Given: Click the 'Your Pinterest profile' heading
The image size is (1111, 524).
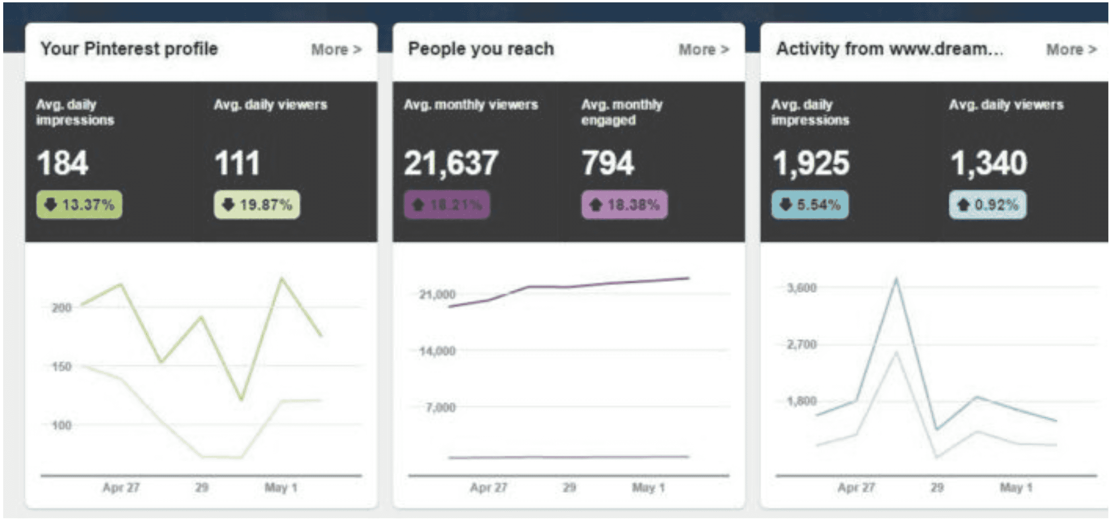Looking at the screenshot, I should tap(129, 49).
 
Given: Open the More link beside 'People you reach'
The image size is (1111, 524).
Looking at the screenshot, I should tap(704, 50).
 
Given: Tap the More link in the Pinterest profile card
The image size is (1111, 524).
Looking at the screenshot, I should tap(336, 50).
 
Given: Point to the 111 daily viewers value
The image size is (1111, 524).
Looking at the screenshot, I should tap(237, 163).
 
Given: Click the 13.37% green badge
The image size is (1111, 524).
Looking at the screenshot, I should tap(79, 204).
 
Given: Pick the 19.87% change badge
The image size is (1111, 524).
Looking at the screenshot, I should tap(257, 204).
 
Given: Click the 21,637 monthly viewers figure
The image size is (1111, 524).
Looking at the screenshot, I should tap(451, 163).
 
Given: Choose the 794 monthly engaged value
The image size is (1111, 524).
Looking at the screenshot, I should tap(608, 163).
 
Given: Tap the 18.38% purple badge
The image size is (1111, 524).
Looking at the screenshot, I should tap(625, 204).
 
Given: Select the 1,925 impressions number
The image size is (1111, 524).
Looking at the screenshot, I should tap(811, 163).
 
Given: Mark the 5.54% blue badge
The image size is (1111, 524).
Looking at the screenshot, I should tap(810, 204).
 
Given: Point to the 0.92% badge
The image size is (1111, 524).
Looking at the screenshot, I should tap(988, 204).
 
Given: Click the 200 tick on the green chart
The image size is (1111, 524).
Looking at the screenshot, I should tap(61, 308).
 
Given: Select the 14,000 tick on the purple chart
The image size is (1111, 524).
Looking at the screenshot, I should tap(437, 351).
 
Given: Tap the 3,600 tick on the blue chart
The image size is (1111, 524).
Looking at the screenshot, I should tap(802, 288).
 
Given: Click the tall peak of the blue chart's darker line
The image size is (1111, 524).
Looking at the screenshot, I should tap(896, 280).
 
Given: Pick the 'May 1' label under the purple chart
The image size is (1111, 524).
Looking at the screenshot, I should tap(648, 488).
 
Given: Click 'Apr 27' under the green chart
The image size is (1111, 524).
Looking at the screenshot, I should tap(121, 488).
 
